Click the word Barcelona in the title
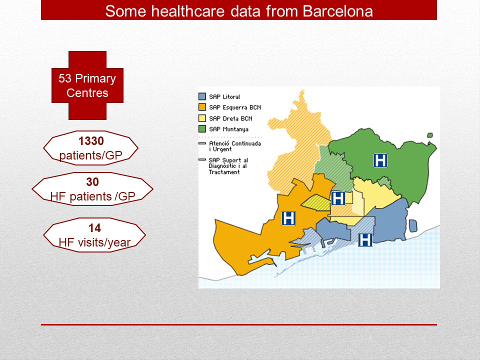tap(337, 11)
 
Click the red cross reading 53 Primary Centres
tap(87, 85)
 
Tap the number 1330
tap(91, 141)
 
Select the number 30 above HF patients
tap(92, 182)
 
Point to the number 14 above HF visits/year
tap(94, 228)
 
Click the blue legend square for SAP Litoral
tap(202, 96)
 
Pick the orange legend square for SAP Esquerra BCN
tap(202, 107)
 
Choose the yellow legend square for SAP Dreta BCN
tap(202, 118)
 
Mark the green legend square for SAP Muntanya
tap(202, 129)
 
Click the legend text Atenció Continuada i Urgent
tap(235, 146)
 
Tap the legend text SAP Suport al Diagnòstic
tap(228, 163)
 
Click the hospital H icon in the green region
tap(380, 160)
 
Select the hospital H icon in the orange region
tap(288, 218)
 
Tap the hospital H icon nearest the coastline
tap(365, 239)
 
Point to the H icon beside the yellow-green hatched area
tap(338, 198)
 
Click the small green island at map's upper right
tap(430, 135)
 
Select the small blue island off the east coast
tap(413, 226)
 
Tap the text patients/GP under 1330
tap(90, 155)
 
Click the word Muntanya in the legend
tap(235, 129)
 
